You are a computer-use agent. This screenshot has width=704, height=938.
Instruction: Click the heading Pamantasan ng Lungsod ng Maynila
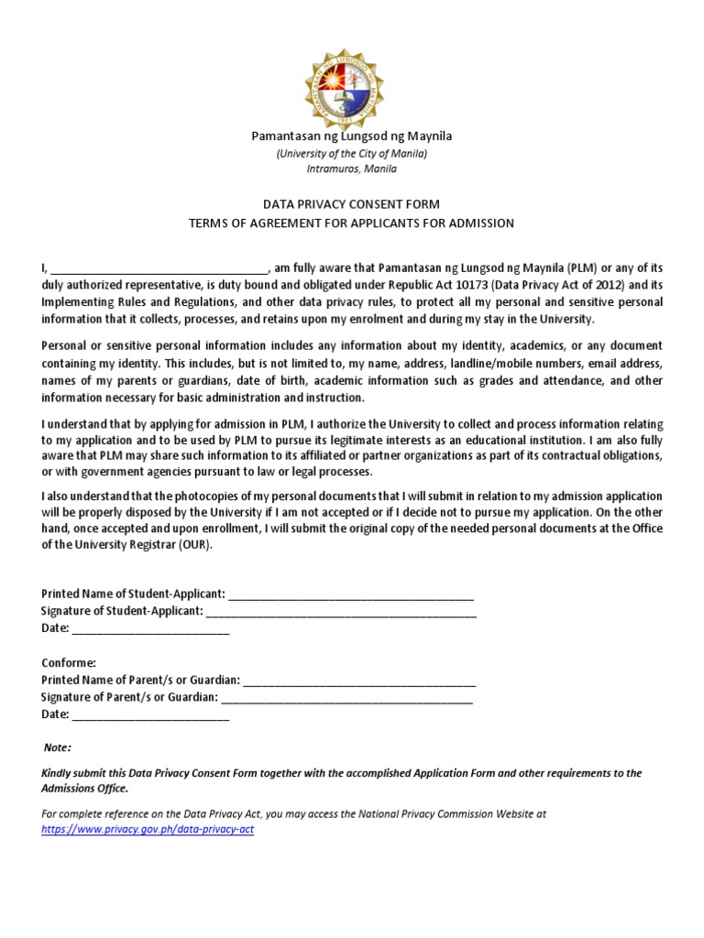click(352, 136)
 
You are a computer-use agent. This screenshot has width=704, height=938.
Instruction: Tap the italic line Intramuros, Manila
click(352, 169)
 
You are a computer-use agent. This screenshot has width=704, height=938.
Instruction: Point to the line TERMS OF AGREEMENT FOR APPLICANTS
click(352, 224)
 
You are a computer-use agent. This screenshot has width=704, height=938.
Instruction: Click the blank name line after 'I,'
click(158, 268)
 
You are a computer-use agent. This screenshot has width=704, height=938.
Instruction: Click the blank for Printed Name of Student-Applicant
click(351, 594)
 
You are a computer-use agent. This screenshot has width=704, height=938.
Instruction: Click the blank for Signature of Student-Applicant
click(341, 611)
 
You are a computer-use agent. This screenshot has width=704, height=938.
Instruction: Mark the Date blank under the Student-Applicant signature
click(150, 628)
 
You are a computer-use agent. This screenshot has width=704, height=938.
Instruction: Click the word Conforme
click(69, 662)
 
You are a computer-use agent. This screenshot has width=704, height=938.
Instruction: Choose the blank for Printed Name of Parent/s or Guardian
click(360, 680)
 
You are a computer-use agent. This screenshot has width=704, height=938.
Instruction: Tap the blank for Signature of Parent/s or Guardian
click(347, 697)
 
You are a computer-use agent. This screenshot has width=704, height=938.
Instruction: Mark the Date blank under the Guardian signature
click(150, 714)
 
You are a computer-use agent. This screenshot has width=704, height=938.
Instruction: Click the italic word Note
click(57, 747)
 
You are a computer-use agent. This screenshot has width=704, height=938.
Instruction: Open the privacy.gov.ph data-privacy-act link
click(148, 830)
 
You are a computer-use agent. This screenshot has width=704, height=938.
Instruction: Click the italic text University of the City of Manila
click(352, 153)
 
